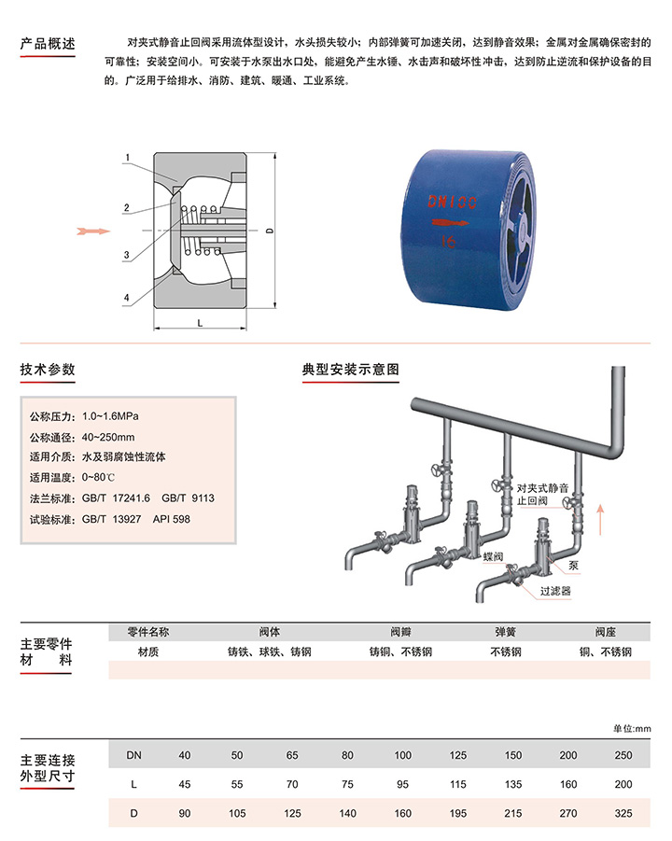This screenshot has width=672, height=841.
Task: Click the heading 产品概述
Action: pyautogui.click(x=48, y=44)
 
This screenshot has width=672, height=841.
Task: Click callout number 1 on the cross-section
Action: pyautogui.click(x=128, y=158)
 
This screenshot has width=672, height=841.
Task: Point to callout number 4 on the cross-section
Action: pyautogui.click(x=127, y=297)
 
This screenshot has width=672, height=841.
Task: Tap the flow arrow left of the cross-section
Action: pyautogui.click(x=93, y=231)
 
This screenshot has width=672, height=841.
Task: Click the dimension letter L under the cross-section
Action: pyautogui.click(x=200, y=323)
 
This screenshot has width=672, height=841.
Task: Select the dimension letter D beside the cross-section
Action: pyautogui.click(x=269, y=231)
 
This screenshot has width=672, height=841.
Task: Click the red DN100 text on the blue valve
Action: pyautogui.click(x=452, y=202)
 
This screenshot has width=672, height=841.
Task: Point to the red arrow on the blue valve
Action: pyautogui.click(x=451, y=223)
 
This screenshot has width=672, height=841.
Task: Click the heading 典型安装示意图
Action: pyautogui.click(x=351, y=369)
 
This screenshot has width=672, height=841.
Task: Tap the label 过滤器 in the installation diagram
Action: pyautogui.click(x=555, y=591)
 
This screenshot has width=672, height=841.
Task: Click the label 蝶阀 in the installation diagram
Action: pyautogui.click(x=493, y=556)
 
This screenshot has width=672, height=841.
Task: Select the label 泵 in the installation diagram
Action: pyautogui.click(x=573, y=566)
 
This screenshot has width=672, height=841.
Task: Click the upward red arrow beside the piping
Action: pyautogui.click(x=601, y=520)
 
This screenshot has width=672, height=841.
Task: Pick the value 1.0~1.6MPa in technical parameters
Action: pyautogui.click(x=110, y=416)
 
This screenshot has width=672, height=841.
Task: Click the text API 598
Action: pyautogui.click(x=172, y=519)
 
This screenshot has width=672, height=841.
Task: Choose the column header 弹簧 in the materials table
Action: pyautogui.click(x=505, y=632)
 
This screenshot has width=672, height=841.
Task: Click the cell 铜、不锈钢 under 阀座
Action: pyautogui.click(x=606, y=652)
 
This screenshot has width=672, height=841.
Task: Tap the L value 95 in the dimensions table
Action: pyautogui.click(x=403, y=784)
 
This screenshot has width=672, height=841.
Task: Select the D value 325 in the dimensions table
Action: pyautogui.click(x=623, y=813)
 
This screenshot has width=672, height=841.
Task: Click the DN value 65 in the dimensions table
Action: pyautogui.click(x=292, y=755)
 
